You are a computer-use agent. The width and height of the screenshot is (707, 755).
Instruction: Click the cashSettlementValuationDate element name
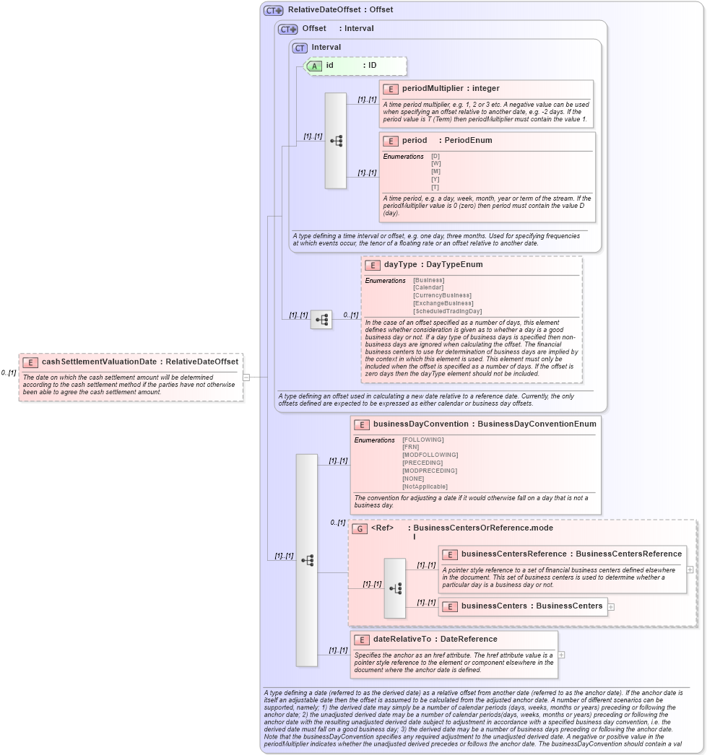click(x=100, y=362)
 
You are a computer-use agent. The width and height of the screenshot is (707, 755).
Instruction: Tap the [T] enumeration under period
click(x=435, y=188)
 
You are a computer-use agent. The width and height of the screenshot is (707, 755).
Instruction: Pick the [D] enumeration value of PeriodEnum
click(x=435, y=156)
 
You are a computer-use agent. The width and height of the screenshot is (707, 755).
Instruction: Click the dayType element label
click(x=400, y=265)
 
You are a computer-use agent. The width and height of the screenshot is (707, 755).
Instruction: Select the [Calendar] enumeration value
click(x=428, y=287)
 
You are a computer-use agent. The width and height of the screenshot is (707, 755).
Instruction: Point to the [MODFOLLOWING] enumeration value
click(x=430, y=455)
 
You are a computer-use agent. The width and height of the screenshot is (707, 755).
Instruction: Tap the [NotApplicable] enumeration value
click(x=425, y=486)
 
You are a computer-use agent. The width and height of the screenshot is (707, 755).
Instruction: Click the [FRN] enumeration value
click(x=410, y=447)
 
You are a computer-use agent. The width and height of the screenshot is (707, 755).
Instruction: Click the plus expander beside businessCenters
click(x=612, y=606)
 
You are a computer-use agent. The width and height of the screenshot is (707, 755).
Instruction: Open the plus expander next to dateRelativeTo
click(x=561, y=655)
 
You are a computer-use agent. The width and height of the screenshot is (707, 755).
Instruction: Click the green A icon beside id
click(x=314, y=66)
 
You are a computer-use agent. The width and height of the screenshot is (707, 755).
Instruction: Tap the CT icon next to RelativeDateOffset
click(x=273, y=10)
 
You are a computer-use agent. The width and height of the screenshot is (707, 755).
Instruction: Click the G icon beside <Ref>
click(x=360, y=528)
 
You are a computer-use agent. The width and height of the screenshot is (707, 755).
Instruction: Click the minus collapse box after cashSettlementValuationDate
click(x=246, y=377)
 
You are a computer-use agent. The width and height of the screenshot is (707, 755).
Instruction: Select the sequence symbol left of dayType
click(x=321, y=319)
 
